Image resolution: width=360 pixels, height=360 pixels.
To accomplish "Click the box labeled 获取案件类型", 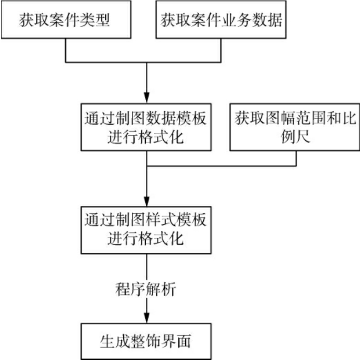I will click(x=65, y=21).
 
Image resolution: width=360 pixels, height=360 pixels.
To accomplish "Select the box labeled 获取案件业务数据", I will click(x=222, y=21).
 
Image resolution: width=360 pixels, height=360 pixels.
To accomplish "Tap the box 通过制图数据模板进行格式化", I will click(x=146, y=127).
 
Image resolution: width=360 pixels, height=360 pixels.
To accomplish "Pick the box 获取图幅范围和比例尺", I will click(x=294, y=127).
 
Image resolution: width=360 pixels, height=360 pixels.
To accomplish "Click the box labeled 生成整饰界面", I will click(x=146, y=341).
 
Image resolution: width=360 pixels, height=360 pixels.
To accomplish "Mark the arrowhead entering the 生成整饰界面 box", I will click(x=146, y=318).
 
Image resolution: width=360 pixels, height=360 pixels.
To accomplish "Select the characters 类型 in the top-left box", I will click(x=98, y=21).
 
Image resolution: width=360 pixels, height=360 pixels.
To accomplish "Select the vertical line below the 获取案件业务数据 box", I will click(x=222, y=50).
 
